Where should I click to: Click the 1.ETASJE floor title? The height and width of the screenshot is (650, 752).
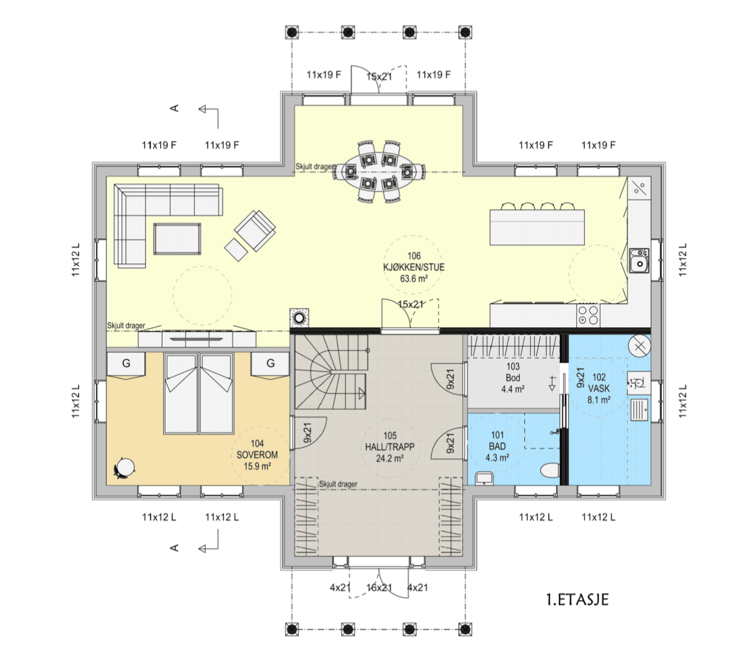pyautogui.click(x=577, y=600)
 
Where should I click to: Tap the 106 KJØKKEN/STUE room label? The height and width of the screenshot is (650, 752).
pyautogui.click(x=414, y=267)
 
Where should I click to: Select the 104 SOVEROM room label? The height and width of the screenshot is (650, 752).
pyautogui.click(x=257, y=455)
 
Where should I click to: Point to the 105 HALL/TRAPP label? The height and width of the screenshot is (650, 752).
pyautogui.click(x=389, y=447)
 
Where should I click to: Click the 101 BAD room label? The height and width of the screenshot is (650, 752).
pyautogui.click(x=497, y=446)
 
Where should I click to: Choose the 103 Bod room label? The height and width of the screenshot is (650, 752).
pyautogui.click(x=513, y=378)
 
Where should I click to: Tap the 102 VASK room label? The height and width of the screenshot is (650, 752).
pyautogui.click(x=599, y=388)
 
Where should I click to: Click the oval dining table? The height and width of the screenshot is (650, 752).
pyautogui.click(x=379, y=171)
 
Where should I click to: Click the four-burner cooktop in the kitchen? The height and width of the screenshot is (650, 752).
pyautogui.click(x=588, y=316)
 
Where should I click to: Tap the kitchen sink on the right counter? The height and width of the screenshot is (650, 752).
pyautogui.click(x=639, y=260)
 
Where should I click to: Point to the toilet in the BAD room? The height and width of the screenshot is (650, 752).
pyautogui.click(x=550, y=470)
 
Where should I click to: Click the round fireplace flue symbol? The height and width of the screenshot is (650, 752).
pyautogui.click(x=299, y=318)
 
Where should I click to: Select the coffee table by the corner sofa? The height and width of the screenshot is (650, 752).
pyautogui.click(x=177, y=239)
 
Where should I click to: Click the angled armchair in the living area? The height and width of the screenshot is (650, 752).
pyautogui.click(x=255, y=231)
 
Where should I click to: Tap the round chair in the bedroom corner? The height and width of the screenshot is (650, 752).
pyautogui.click(x=124, y=468)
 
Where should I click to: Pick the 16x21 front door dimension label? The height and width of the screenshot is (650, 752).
pyautogui.click(x=379, y=587)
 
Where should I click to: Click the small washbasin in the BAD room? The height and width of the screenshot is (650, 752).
pyautogui.click(x=485, y=478)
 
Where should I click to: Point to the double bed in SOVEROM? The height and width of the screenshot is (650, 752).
pyautogui.click(x=199, y=393)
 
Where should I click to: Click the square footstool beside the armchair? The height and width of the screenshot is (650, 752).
pyautogui.click(x=236, y=249)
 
